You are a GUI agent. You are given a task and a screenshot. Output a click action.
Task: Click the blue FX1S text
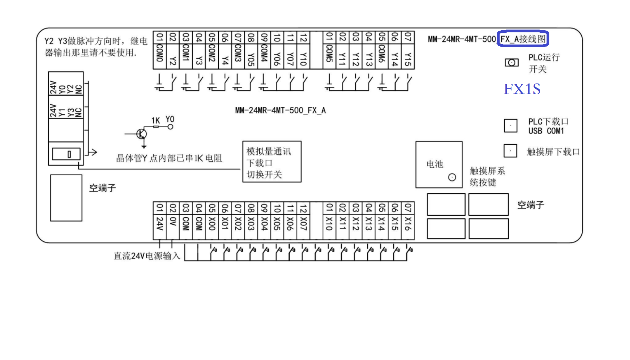click(522, 89)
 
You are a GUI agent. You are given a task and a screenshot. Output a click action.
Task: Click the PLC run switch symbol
click(511, 63)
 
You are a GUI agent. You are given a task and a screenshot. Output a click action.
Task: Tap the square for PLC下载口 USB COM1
click(510, 126)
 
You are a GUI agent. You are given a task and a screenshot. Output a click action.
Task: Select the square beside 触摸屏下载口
click(510, 151)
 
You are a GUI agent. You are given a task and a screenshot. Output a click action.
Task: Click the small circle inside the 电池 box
click(452, 177)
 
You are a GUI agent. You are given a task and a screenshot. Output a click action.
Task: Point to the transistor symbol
click(141, 134)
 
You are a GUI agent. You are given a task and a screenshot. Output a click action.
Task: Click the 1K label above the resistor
click(155, 121)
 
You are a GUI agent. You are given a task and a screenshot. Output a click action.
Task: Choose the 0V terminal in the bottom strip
click(173, 226)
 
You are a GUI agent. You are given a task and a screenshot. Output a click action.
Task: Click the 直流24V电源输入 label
click(147, 256)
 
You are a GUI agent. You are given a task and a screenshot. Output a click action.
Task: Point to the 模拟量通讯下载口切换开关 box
click(272, 162)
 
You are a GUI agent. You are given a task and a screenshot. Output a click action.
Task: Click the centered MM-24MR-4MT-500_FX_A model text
click(280, 111)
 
